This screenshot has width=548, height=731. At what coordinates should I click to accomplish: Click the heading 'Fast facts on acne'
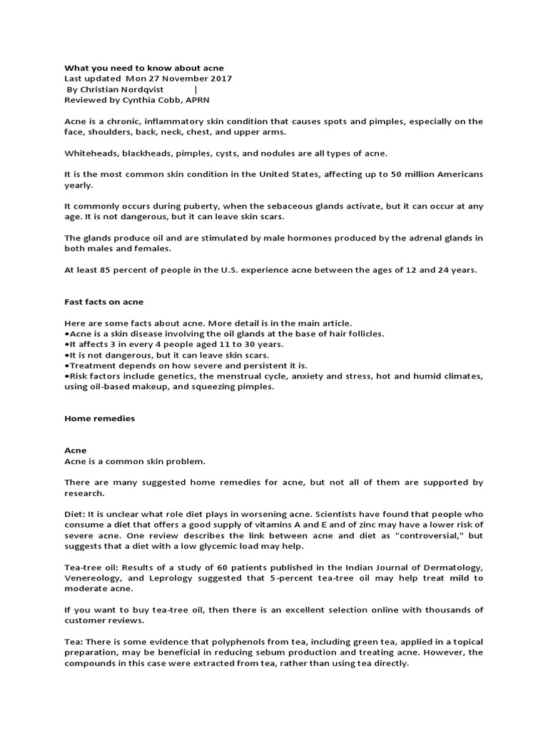tap(104, 302)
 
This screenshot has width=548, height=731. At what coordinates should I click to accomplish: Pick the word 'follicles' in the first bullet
tap(365, 333)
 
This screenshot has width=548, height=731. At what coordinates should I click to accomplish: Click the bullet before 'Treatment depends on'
tap(66, 365)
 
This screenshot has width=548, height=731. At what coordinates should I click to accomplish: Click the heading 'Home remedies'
tap(99, 419)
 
